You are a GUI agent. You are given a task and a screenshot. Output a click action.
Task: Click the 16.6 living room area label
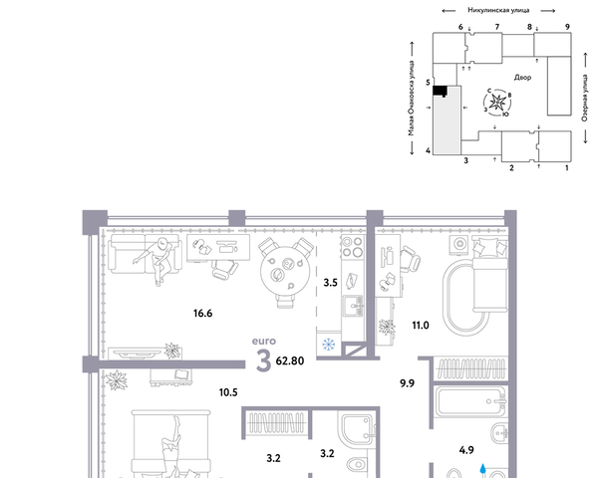click(x=202, y=314)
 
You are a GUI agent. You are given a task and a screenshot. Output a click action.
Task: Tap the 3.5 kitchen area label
click(x=330, y=283)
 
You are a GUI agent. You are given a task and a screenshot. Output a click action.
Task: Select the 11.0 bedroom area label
click(x=421, y=326)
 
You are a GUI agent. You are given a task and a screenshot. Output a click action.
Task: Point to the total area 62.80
click(x=290, y=360)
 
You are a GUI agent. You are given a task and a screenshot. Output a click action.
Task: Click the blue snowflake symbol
click(x=328, y=345)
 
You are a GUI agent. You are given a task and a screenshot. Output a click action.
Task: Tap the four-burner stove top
click(x=353, y=246)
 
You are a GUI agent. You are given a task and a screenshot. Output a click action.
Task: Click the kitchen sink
click(x=354, y=306)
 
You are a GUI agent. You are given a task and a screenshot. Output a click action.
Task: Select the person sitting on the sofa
click(x=156, y=260)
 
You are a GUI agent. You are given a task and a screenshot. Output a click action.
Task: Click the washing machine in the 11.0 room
click(x=460, y=243)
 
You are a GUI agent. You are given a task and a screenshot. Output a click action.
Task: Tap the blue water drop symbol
click(x=482, y=468)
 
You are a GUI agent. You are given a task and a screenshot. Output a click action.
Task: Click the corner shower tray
click(x=356, y=429)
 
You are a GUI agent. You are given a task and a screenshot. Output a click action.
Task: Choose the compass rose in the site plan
click(x=497, y=103)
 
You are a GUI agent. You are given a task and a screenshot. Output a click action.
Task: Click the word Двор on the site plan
click(x=522, y=78)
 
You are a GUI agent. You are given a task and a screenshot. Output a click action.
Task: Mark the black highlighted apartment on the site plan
click(x=441, y=91)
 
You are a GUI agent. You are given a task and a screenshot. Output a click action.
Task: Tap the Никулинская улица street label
click(x=498, y=10)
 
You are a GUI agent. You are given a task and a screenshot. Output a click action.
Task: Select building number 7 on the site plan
click(x=497, y=27)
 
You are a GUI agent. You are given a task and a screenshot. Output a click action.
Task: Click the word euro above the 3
click(x=264, y=342)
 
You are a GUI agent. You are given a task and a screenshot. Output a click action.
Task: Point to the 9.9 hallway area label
click(x=407, y=383)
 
